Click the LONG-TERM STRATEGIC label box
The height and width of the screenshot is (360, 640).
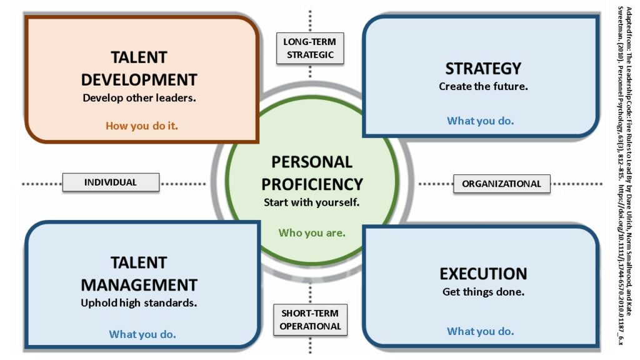[x=310, y=48]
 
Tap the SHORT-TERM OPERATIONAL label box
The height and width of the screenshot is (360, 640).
[x=310, y=319]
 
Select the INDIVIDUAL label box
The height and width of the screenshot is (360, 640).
[x=111, y=182]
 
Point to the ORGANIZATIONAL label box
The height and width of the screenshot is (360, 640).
[x=502, y=184]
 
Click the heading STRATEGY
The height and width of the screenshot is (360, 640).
[x=483, y=69]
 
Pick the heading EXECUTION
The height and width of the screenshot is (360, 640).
[x=483, y=274]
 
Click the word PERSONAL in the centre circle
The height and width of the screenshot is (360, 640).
[x=312, y=162]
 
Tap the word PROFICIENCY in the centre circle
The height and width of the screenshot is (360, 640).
[x=312, y=184]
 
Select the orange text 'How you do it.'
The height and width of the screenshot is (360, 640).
[x=142, y=126]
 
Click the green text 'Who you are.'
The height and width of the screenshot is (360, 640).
[x=312, y=232]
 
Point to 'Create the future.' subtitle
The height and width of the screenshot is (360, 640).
[x=483, y=86]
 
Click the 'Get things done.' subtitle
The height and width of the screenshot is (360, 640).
[x=483, y=292]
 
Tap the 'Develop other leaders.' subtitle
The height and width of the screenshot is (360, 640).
[x=139, y=98]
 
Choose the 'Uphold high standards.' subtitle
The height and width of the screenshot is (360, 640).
[x=139, y=303]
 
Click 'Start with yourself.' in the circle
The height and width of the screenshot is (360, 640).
[x=311, y=202]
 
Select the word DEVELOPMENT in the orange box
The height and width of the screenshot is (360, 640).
[x=139, y=79]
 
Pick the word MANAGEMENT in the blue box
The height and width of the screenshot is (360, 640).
[x=139, y=285]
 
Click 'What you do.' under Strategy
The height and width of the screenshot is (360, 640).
[x=481, y=121]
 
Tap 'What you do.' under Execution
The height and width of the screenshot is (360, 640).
[x=481, y=331]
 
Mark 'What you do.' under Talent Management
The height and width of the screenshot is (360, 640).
[x=142, y=334]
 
